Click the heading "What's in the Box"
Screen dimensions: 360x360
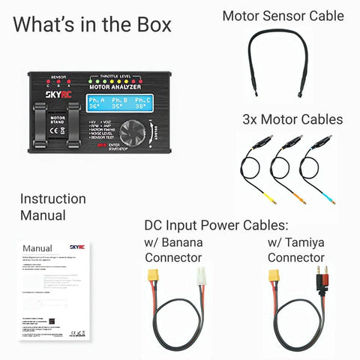click(x=91, y=24)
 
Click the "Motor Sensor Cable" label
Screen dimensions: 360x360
click(x=283, y=16)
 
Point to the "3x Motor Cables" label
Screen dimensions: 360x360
click(x=292, y=119)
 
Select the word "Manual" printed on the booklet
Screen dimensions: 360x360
click(x=37, y=248)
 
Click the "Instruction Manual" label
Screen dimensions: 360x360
click(x=52, y=207)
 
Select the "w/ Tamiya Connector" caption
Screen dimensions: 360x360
click(x=296, y=250)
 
